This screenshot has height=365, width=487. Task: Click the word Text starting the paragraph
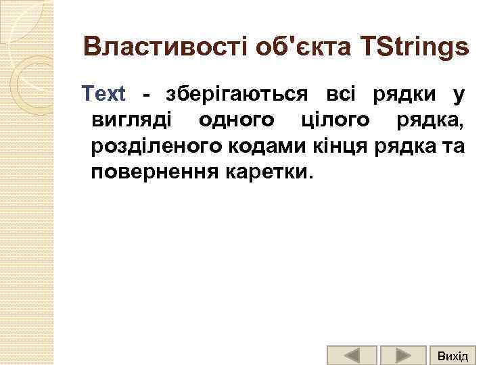coord(103,94)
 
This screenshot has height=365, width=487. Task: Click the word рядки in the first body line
coord(404,94)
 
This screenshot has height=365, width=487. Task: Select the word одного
coord(237,120)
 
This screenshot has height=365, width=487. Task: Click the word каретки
coord(269,171)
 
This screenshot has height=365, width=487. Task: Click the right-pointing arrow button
coord(402,356)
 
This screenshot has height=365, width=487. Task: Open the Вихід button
coord(452,356)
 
